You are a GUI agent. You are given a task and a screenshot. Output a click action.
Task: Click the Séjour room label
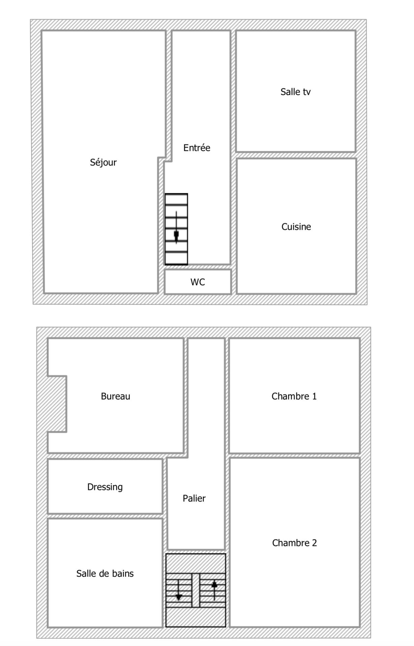tap(103, 162)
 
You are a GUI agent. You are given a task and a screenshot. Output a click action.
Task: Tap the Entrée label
tap(197, 147)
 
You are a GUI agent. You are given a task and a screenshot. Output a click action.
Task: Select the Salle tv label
tap(295, 92)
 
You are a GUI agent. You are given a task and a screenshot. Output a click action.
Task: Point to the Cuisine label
tap(296, 227)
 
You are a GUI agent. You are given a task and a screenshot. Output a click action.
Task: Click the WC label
tap(198, 282)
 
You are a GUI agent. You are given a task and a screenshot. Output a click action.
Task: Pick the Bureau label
tap(115, 396)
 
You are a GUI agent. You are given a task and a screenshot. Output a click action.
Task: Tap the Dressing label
tap(105, 487)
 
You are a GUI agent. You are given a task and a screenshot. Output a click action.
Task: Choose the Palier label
tap(194, 498)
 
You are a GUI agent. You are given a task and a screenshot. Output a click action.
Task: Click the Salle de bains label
tap(105, 573)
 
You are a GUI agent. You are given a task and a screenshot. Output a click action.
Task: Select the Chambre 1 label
tap(294, 396)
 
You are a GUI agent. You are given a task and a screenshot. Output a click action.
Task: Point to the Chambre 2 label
tap(294, 543)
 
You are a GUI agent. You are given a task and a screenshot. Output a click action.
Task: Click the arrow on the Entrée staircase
tap(176, 227)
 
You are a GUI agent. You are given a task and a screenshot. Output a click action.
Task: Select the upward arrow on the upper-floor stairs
tap(214, 591)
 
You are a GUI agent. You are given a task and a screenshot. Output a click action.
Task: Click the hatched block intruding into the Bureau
tap(57, 404)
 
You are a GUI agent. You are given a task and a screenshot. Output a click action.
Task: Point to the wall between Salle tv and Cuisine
tap(296, 155)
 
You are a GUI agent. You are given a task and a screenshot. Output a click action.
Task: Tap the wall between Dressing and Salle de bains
tap(105, 516)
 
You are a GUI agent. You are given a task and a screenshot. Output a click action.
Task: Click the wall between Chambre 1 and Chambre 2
tap(294, 455)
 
